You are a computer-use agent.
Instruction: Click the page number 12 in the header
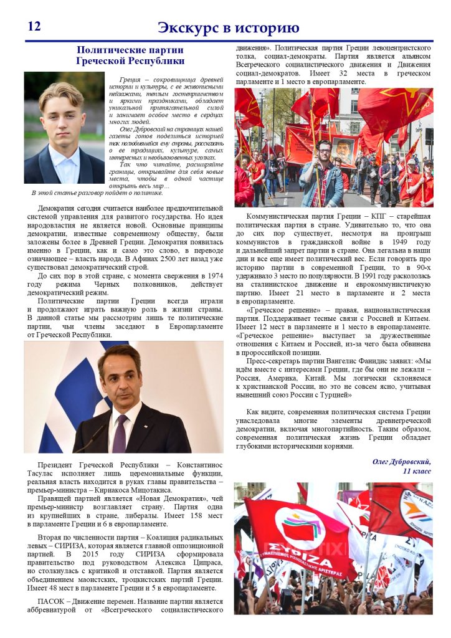click(34, 26)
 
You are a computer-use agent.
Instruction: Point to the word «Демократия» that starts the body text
click(61, 207)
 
